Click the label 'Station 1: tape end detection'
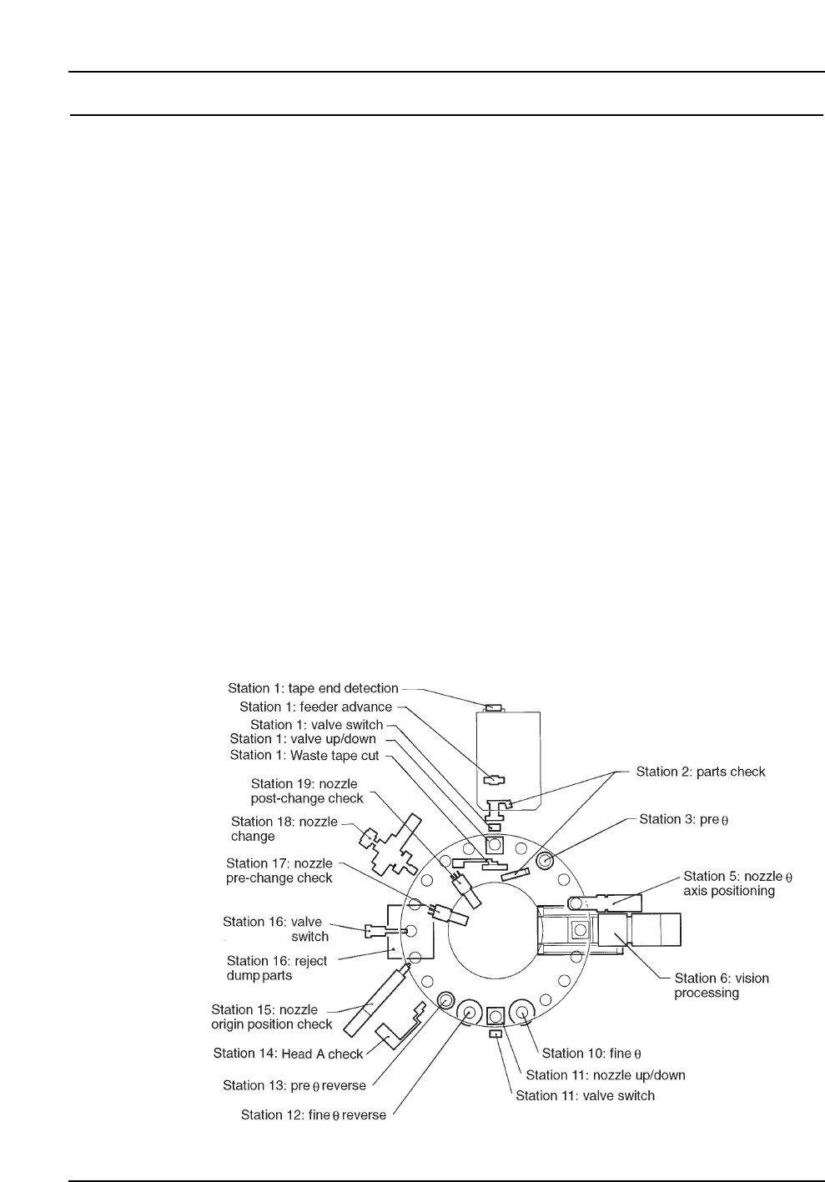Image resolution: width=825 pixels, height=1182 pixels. click(x=313, y=689)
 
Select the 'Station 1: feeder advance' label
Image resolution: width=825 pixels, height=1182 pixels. click(x=315, y=707)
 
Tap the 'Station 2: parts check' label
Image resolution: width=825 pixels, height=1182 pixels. click(x=700, y=772)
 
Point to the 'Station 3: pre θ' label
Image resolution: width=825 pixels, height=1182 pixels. click(x=683, y=819)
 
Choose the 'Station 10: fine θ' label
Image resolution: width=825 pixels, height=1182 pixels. click(x=591, y=1054)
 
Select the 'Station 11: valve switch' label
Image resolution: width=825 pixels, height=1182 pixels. click(x=585, y=1095)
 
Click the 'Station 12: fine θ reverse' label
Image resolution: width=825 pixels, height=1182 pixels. click(x=313, y=1114)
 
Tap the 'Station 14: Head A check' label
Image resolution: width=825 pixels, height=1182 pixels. click(x=288, y=1054)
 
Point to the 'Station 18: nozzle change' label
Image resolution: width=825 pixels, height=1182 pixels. click(x=284, y=828)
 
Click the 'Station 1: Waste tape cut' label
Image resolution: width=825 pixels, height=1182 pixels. click(x=304, y=756)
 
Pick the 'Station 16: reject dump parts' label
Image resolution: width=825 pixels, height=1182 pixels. click(x=276, y=968)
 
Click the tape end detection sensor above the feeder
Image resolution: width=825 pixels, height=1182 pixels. click(x=494, y=707)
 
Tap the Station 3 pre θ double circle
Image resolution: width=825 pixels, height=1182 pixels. click(x=545, y=860)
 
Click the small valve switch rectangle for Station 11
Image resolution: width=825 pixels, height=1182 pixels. click(x=496, y=1034)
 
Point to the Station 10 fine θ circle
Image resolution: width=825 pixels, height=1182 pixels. click(x=523, y=1013)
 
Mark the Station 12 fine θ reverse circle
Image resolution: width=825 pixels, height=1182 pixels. click(x=468, y=1013)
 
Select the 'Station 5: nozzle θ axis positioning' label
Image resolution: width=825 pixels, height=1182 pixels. click(x=737, y=883)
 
